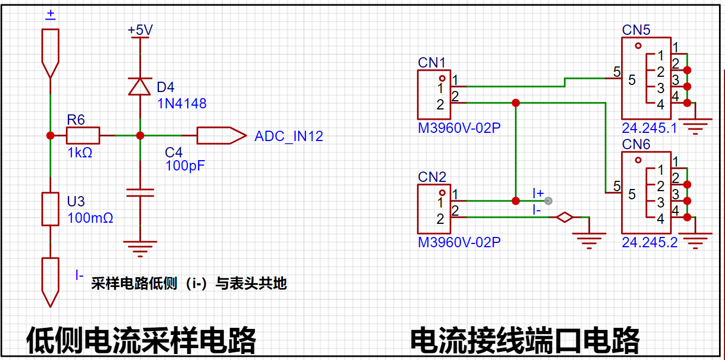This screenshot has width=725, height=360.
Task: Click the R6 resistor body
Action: pos(83,135)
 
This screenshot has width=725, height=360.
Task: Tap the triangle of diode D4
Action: pos(139,87)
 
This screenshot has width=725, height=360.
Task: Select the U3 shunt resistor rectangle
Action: pos(50,209)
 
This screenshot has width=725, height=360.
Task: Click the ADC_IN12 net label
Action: pos(288,136)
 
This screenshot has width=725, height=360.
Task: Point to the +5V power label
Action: pos(140,30)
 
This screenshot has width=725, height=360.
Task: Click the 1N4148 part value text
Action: pos(182,103)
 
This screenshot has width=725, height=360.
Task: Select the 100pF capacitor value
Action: pos(185,166)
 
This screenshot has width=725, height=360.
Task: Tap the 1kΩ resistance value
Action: pos(79,152)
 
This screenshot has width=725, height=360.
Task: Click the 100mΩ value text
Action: pos(90,218)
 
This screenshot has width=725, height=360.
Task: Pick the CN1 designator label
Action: pos(432,63)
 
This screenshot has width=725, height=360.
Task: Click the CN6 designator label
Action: pos(636,144)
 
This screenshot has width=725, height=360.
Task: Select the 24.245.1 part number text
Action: pos(649,128)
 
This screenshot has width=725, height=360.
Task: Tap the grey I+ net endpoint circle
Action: pos(548,201)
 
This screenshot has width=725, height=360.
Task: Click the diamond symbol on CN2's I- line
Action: pos(564,217)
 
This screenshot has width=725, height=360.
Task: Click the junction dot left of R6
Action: pos(50,136)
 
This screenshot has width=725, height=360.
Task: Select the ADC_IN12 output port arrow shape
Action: pos(222,136)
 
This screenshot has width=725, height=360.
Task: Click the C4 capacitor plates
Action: pos(140,193)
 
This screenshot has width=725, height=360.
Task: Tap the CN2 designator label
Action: pos(432,177)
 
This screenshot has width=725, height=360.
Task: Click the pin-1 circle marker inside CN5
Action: pos(638,46)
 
